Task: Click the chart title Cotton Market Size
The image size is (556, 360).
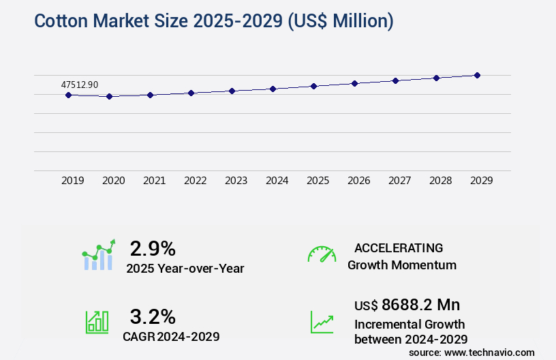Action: pos(213,21)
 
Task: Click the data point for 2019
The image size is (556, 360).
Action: pos(68,95)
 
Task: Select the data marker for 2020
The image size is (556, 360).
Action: pos(109,97)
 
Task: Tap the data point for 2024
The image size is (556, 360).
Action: pos(273,89)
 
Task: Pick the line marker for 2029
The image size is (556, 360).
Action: pos(477,75)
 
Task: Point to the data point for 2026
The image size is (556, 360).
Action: pos(354,83)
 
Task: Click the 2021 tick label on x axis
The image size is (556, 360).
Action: pos(155,181)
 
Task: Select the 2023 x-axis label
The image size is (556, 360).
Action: pos(236,181)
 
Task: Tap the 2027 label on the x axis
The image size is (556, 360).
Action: pos(400,181)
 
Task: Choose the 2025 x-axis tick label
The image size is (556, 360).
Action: pos(318,181)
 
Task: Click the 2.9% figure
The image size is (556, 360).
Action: pos(153,247)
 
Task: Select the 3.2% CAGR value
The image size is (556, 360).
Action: pos(153,316)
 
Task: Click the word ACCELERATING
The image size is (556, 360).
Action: pos(399,248)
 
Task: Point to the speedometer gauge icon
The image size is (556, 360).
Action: pos(322,254)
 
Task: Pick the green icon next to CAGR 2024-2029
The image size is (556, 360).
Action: pos(97,322)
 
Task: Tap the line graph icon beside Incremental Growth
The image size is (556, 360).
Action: pos(322,322)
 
